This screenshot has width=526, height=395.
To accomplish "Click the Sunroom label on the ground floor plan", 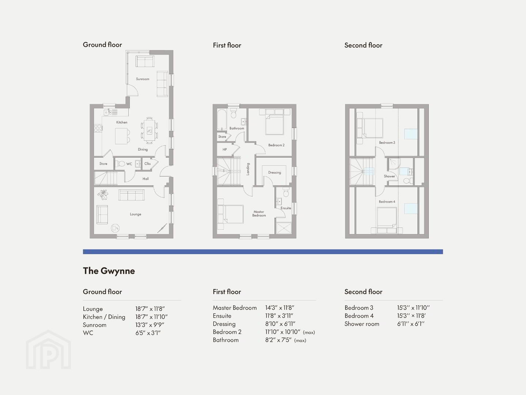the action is (143, 79).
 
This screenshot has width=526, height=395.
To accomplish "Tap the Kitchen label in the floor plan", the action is (122, 122).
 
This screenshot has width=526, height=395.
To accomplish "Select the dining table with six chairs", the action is (149, 131).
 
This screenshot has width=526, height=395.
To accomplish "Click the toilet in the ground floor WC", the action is (120, 164).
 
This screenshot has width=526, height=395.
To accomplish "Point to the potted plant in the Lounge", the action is (103, 194).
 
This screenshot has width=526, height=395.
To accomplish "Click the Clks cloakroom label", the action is (147, 164).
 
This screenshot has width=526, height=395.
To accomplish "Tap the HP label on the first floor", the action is (224, 150).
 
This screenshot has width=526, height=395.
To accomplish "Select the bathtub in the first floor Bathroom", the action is (222, 120).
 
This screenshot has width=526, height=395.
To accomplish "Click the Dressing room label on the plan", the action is (275, 172).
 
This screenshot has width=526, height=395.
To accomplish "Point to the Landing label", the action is (248, 169).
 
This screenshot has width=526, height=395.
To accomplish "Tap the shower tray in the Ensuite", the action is (284, 228).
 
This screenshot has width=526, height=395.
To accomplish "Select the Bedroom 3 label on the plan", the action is (387, 143).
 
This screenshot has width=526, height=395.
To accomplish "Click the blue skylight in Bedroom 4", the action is (411, 208).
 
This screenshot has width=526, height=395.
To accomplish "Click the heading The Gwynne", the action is (109, 271).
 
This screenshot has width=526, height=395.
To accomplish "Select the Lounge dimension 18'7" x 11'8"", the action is (150, 309).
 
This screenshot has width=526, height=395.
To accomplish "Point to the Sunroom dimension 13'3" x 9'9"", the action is (150, 325).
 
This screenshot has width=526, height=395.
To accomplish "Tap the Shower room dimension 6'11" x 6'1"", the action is (411, 324).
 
